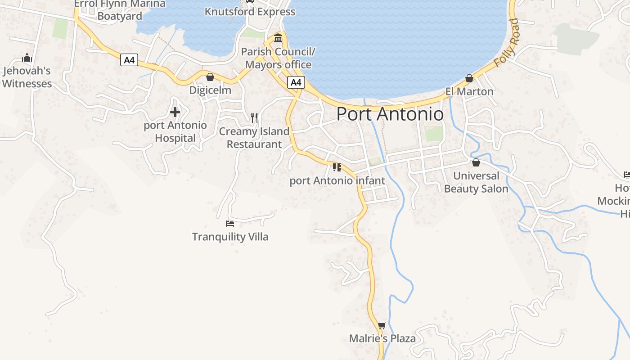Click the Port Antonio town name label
click(390, 114)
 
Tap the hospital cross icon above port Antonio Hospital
click(175, 112)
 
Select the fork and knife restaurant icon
click(255, 118)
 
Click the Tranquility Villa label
click(230, 237)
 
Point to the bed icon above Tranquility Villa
click(230, 223)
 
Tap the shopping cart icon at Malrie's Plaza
click(382, 325)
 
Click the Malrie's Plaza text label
click(382, 338)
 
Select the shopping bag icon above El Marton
click(469, 79)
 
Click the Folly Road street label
click(507, 43)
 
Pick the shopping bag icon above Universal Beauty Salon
click(476, 162)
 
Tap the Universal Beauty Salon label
click(476, 182)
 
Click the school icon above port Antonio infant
click(337, 168)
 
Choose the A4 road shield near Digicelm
click(129, 60)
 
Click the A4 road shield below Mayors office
click(296, 82)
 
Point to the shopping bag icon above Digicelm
click(210, 77)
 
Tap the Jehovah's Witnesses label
click(27, 77)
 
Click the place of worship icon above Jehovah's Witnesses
click(27, 58)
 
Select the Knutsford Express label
click(250, 12)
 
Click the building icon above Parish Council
click(278, 37)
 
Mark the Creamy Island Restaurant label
click(254, 138)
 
